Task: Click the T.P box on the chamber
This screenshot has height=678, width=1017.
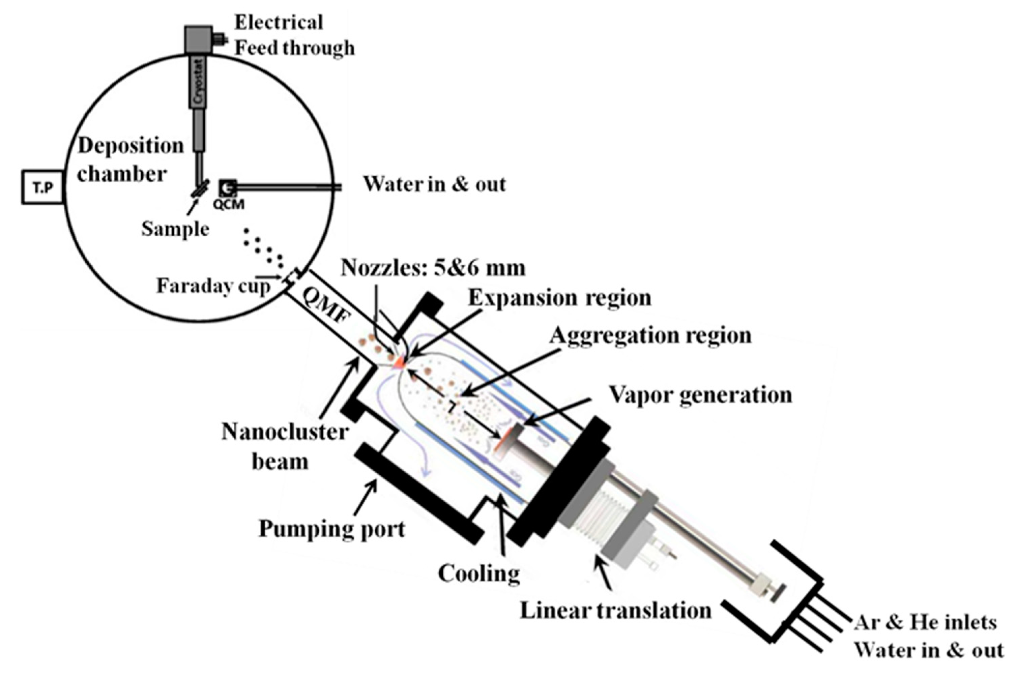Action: coord(43,187)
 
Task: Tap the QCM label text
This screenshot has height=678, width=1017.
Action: coord(228,204)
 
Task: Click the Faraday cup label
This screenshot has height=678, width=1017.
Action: coord(213,285)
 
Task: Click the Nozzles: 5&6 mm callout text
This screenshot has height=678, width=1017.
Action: coord(433,268)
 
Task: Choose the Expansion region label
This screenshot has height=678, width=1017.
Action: coord(560,298)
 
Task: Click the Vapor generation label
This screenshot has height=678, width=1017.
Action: coord(700,395)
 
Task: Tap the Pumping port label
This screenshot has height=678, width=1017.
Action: coord(332,528)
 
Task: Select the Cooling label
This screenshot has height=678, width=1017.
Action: coord(479,574)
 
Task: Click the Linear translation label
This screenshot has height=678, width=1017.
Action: coord(616,611)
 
